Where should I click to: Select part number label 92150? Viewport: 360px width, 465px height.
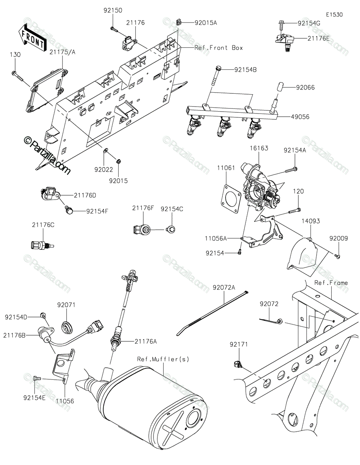[x=113, y=10]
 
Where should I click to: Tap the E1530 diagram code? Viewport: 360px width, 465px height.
[x=334, y=15]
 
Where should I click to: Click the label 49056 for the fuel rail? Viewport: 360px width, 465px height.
[x=300, y=117]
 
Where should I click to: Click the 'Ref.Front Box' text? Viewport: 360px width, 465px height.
[x=219, y=48]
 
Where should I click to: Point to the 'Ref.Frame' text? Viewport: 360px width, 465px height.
[x=331, y=282]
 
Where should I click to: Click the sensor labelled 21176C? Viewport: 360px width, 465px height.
[x=42, y=245]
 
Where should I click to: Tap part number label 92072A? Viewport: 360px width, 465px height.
[x=224, y=288]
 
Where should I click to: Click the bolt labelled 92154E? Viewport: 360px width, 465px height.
[x=37, y=378]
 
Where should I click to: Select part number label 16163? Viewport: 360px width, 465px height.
[x=259, y=148]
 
